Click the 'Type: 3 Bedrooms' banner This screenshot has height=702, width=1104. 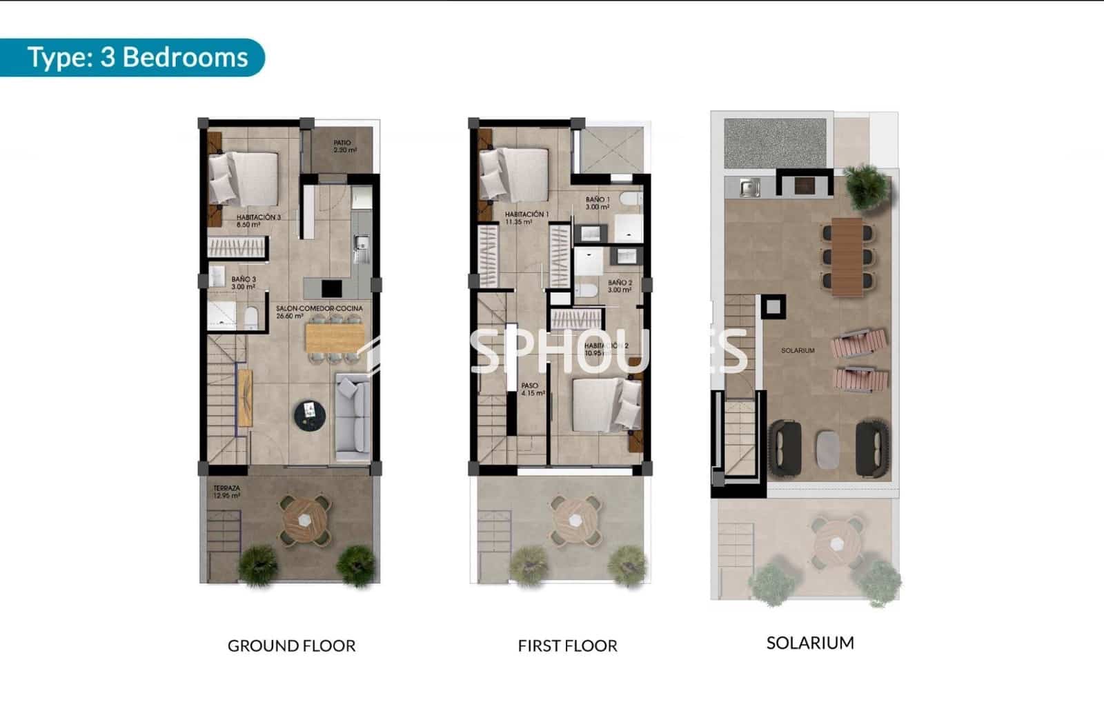[137, 57]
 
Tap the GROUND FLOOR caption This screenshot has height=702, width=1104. [291, 645]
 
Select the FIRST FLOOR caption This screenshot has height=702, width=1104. [567, 645]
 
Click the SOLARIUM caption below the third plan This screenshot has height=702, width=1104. [810, 643]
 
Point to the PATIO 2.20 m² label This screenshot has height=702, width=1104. [344, 146]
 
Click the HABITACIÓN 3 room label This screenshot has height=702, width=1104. [258, 221]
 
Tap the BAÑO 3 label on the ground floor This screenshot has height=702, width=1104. [244, 283]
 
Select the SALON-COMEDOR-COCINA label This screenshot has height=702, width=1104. [319, 312]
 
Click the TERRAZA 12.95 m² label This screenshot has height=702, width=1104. [226, 492]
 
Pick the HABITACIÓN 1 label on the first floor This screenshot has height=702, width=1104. [526, 218]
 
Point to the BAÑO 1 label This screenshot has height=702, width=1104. [598, 203]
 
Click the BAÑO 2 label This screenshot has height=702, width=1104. [620, 286]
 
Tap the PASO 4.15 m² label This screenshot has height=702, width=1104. [532, 389]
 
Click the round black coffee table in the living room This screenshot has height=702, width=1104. [310, 413]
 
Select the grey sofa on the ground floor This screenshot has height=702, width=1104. [353, 417]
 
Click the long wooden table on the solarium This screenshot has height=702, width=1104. [847, 256]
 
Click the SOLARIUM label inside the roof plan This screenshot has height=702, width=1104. [798, 350]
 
